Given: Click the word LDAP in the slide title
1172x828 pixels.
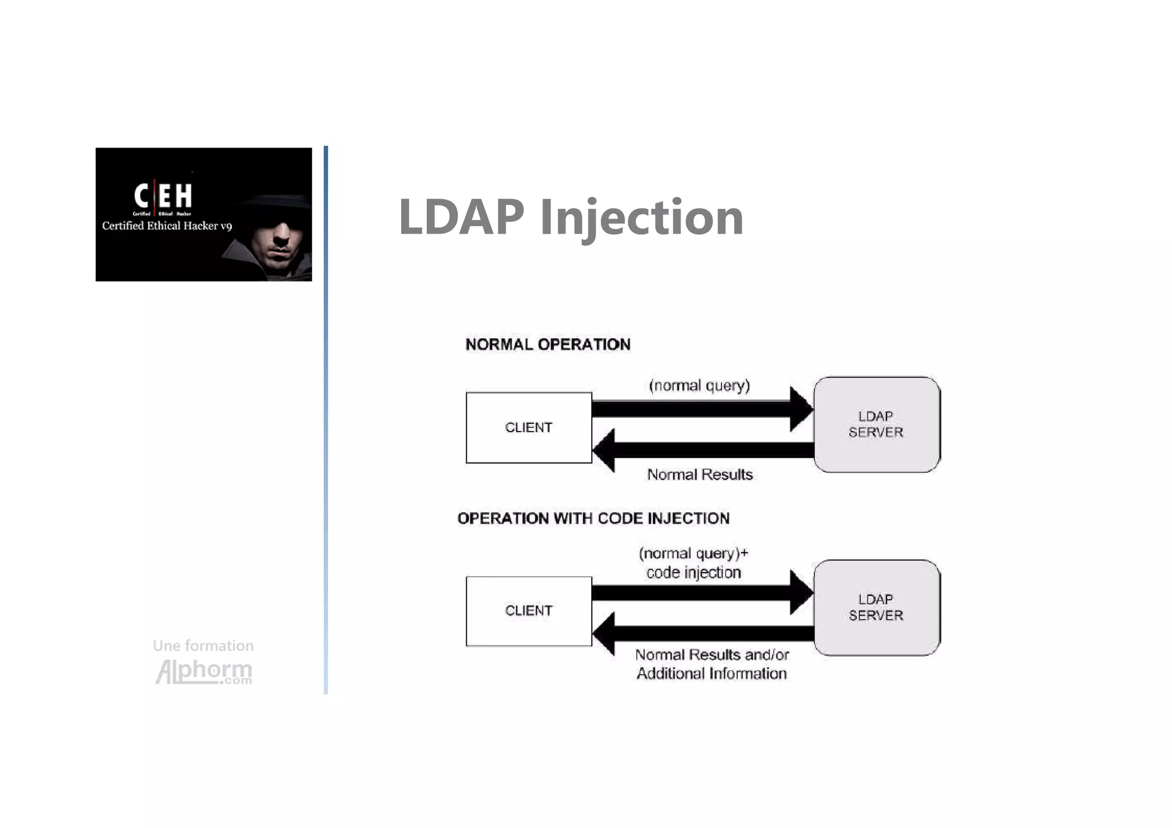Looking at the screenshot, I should pos(461,217).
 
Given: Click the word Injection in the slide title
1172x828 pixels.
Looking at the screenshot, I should pos(641,218).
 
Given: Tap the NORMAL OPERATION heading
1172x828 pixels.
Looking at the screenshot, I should pos(548,344).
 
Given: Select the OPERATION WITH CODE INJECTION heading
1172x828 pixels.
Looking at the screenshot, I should pos(593,518).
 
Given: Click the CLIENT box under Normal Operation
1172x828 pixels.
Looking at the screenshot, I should pos(529,427).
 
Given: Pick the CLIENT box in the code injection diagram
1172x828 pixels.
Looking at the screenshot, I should pos(529,611).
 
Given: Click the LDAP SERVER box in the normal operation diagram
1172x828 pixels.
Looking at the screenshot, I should pos(876,424).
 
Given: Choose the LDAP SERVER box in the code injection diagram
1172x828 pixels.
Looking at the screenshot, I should pos(876,607).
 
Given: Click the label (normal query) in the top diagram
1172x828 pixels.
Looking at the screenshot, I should pos(699,386).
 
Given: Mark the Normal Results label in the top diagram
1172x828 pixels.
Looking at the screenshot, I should pos(699,475).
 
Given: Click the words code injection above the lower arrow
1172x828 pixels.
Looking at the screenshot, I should pos(693,573).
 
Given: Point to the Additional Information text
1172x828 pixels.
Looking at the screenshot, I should pos(711,674).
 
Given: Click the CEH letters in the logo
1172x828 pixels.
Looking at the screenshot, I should pos(163,196).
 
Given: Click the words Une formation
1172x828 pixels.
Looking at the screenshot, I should pos(203,645).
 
